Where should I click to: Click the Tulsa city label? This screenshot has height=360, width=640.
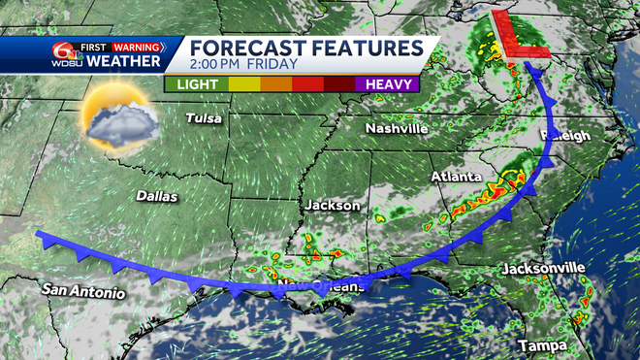pyautogui.click(x=205, y=119)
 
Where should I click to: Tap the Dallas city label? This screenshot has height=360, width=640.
pyautogui.click(x=158, y=196)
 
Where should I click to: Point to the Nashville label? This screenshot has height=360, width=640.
pyautogui.click(x=397, y=128)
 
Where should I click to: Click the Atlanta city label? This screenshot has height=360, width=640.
pyautogui.click(x=456, y=178)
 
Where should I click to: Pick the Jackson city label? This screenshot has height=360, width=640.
pyautogui.click(x=333, y=206)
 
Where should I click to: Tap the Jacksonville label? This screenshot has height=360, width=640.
pyautogui.click(x=543, y=267)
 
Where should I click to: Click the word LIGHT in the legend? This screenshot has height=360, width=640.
pyautogui.click(x=198, y=85)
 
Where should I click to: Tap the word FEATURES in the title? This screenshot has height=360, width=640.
pyautogui.click(x=364, y=49)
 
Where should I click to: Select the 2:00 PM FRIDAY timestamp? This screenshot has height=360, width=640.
pyautogui.click(x=237, y=67)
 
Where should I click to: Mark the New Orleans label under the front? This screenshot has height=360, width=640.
pyautogui.click(x=320, y=287)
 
